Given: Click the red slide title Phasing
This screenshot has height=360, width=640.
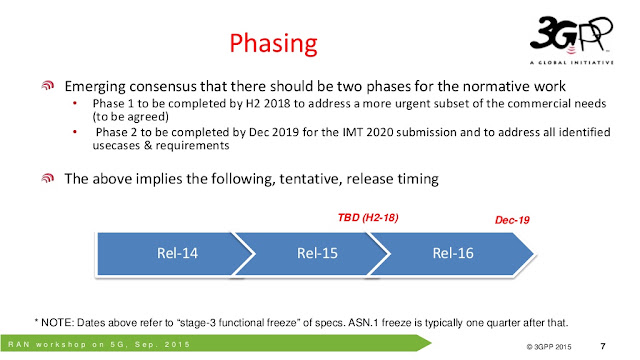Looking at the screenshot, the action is click(x=273, y=44).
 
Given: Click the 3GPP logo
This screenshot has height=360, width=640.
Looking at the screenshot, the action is click(x=571, y=40).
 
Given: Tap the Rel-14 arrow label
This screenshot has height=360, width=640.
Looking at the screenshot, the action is click(x=177, y=253).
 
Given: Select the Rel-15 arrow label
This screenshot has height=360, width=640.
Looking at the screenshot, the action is click(x=317, y=253).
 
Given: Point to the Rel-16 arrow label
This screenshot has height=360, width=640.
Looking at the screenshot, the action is click(x=453, y=253).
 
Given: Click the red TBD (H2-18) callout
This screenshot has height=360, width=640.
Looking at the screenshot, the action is click(x=368, y=218).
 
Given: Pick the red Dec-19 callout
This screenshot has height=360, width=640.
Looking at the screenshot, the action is click(x=512, y=220).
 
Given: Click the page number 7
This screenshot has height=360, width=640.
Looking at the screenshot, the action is click(x=603, y=346).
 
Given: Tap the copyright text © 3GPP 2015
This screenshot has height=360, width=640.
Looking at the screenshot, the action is click(x=549, y=347).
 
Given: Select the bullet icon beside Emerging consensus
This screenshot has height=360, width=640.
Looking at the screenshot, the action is click(x=48, y=85).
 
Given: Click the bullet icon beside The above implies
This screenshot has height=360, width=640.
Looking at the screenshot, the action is click(x=48, y=178).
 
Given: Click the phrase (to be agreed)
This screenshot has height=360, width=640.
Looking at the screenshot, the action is click(x=131, y=117).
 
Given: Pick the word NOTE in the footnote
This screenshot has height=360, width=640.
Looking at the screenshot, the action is click(x=57, y=323).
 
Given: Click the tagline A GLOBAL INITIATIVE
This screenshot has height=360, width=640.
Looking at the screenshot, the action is click(x=572, y=62).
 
